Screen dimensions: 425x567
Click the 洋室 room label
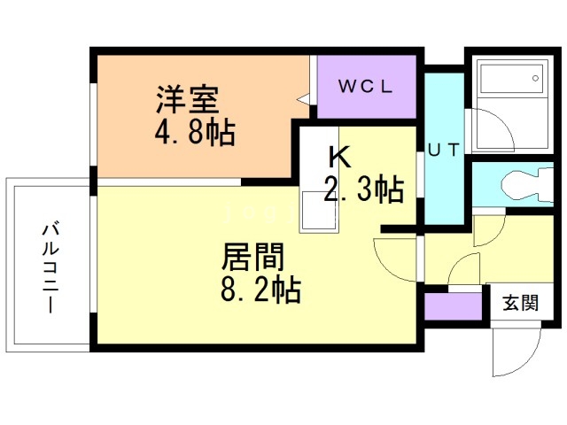pyautogui.click(x=188, y=97)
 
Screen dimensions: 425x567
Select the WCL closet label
pyautogui.click(x=367, y=87)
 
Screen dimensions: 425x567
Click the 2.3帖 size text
pyautogui.click(x=363, y=189)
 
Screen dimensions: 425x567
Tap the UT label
pyautogui.click(x=443, y=149)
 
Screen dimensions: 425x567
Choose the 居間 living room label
pyautogui.click(x=252, y=259)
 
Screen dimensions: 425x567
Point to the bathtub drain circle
pyautogui.click(x=536, y=80)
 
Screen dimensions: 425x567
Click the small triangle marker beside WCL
pyautogui.click(x=304, y=100)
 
